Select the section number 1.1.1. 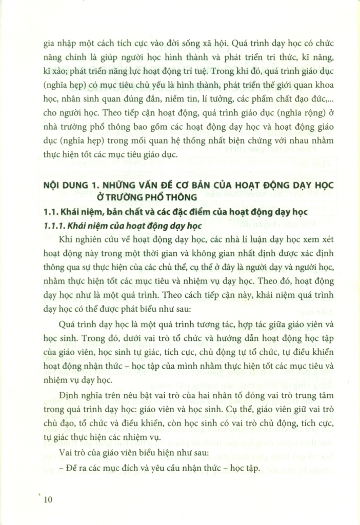pyautogui.click(x=55, y=224)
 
